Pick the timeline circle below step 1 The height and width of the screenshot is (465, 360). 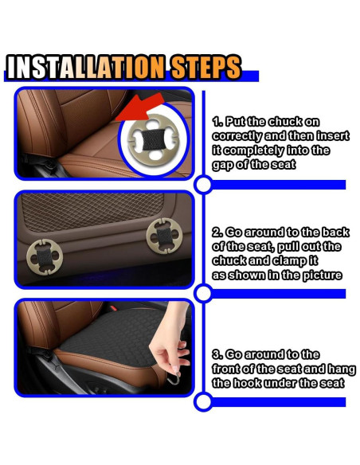(x=203, y=186)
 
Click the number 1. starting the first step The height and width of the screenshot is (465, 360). (x=217, y=122)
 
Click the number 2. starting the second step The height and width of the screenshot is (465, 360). (x=217, y=232)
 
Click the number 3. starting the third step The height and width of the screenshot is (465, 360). (x=217, y=354)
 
